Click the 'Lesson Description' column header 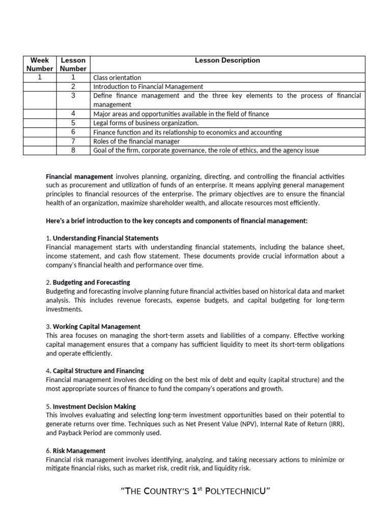pyautogui.click(x=227, y=60)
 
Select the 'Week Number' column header pyautogui.click(x=40, y=64)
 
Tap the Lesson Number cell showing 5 pyautogui.click(x=73, y=123)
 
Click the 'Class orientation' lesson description pyautogui.click(x=117, y=78)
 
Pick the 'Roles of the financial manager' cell pyautogui.click(x=136, y=141)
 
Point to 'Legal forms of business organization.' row pyautogui.click(x=146, y=123)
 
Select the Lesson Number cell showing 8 pyautogui.click(x=73, y=150)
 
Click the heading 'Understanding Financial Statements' pyautogui.click(x=105, y=238)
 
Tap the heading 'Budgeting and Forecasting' pyautogui.click(x=92, y=282)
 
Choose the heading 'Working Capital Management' pyautogui.click(x=97, y=327)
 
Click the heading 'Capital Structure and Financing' pyautogui.click(x=99, y=371)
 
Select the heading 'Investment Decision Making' pyautogui.click(x=94, y=407)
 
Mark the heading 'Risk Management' pyautogui.click(x=79, y=451)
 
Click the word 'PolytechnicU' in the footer pyautogui.click(x=235, y=492)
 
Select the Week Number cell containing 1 pyautogui.click(x=40, y=77)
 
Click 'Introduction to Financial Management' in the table pyautogui.click(x=148, y=86)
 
